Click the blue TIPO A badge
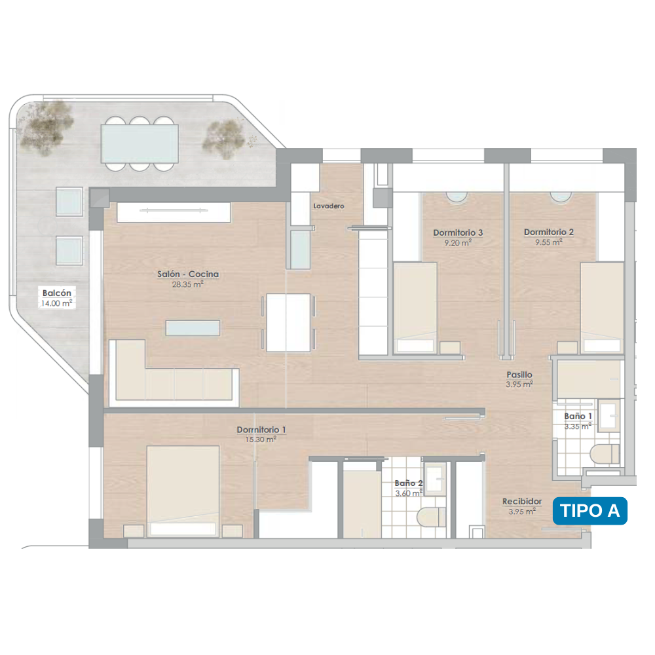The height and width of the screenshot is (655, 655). tap(589, 510)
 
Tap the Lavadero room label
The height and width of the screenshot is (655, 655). tap(329, 206)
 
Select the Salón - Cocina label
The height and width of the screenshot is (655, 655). tap(188, 274)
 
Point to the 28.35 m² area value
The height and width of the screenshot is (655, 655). tap(187, 284)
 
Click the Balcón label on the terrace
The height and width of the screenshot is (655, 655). tap(57, 293)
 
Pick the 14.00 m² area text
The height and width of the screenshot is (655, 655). tap(56, 303)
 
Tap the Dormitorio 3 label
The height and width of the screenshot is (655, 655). tap(458, 233)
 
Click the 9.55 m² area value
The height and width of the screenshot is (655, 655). tap(549, 242)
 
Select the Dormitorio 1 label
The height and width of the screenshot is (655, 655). tap(261, 430)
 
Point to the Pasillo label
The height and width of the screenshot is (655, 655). tap(519, 375)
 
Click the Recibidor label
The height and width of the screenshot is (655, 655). tap(522, 501)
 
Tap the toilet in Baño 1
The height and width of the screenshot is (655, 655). tap(605, 454)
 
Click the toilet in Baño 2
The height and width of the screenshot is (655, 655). tap(432, 517)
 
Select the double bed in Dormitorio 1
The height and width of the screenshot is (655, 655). tap(183, 491)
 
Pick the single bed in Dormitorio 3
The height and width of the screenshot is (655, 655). tap(415, 307)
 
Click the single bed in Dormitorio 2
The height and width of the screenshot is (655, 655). tap(602, 307)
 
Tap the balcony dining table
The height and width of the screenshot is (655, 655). tap(140, 143)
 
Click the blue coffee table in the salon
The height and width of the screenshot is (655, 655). tap(193, 328)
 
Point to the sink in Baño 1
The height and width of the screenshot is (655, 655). tap(608, 416)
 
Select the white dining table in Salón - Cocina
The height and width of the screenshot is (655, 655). tap(288, 322)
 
